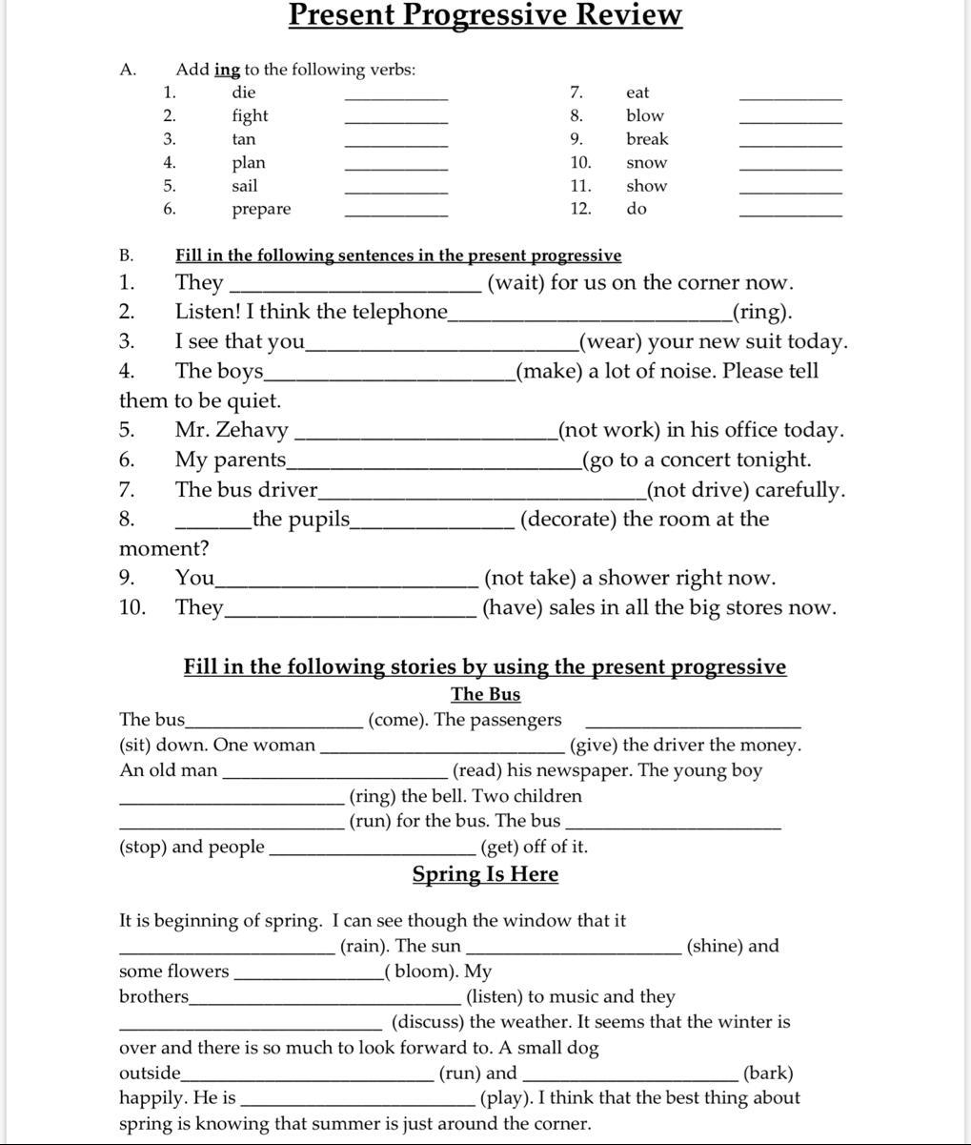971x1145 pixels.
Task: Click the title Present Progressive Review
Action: [x=485, y=15]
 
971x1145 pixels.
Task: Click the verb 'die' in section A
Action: [x=244, y=92]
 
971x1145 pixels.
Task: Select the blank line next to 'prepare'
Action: [x=395, y=215]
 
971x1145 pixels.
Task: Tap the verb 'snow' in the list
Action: [x=647, y=163]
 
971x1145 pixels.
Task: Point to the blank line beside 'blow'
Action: [x=791, y=122]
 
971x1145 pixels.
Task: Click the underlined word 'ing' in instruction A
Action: [x=227, y=70]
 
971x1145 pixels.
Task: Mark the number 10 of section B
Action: [x=131, y=608]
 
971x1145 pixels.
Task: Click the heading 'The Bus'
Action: [x=485, y=694]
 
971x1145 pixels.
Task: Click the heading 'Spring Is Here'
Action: [x=485, y=874]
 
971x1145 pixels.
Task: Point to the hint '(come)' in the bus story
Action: [x=397, y=721]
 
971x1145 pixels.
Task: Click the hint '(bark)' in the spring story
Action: [x=768, y=1073]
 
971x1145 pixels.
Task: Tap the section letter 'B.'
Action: [x=127, y=256]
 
